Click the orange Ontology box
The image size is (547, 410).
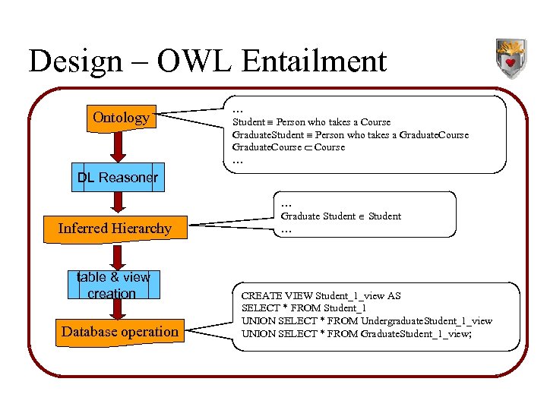121,118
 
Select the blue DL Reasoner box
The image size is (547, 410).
118,178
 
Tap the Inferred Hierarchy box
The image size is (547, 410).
115,229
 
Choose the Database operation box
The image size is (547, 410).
120,332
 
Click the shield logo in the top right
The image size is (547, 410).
510,58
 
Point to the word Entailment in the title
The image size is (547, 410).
311,61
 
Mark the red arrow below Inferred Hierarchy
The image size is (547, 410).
119,257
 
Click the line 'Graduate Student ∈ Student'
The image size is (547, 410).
340,216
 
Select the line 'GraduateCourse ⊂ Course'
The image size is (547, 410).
289,147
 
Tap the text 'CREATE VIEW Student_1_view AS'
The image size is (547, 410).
321,295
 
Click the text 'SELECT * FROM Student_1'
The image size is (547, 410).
303,308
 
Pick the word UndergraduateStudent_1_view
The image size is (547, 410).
428,321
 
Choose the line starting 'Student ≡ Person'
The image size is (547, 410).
311,122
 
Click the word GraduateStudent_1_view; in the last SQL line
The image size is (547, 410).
416,334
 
